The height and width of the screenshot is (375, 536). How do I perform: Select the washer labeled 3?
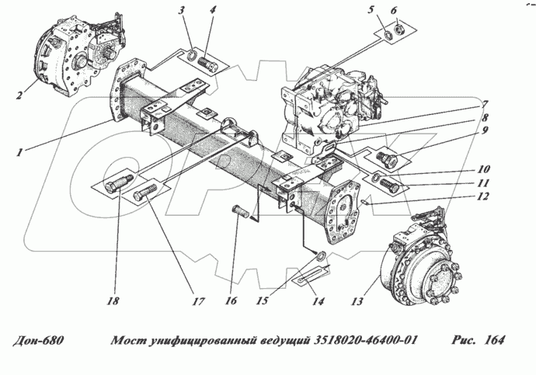click(x=188, y=56)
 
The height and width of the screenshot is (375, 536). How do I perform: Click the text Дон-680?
click(x=38, y=341)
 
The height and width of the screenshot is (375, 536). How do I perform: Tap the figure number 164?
click(x=493, y=341)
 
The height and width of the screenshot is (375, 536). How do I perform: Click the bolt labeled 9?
click(x=387, y=159)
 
